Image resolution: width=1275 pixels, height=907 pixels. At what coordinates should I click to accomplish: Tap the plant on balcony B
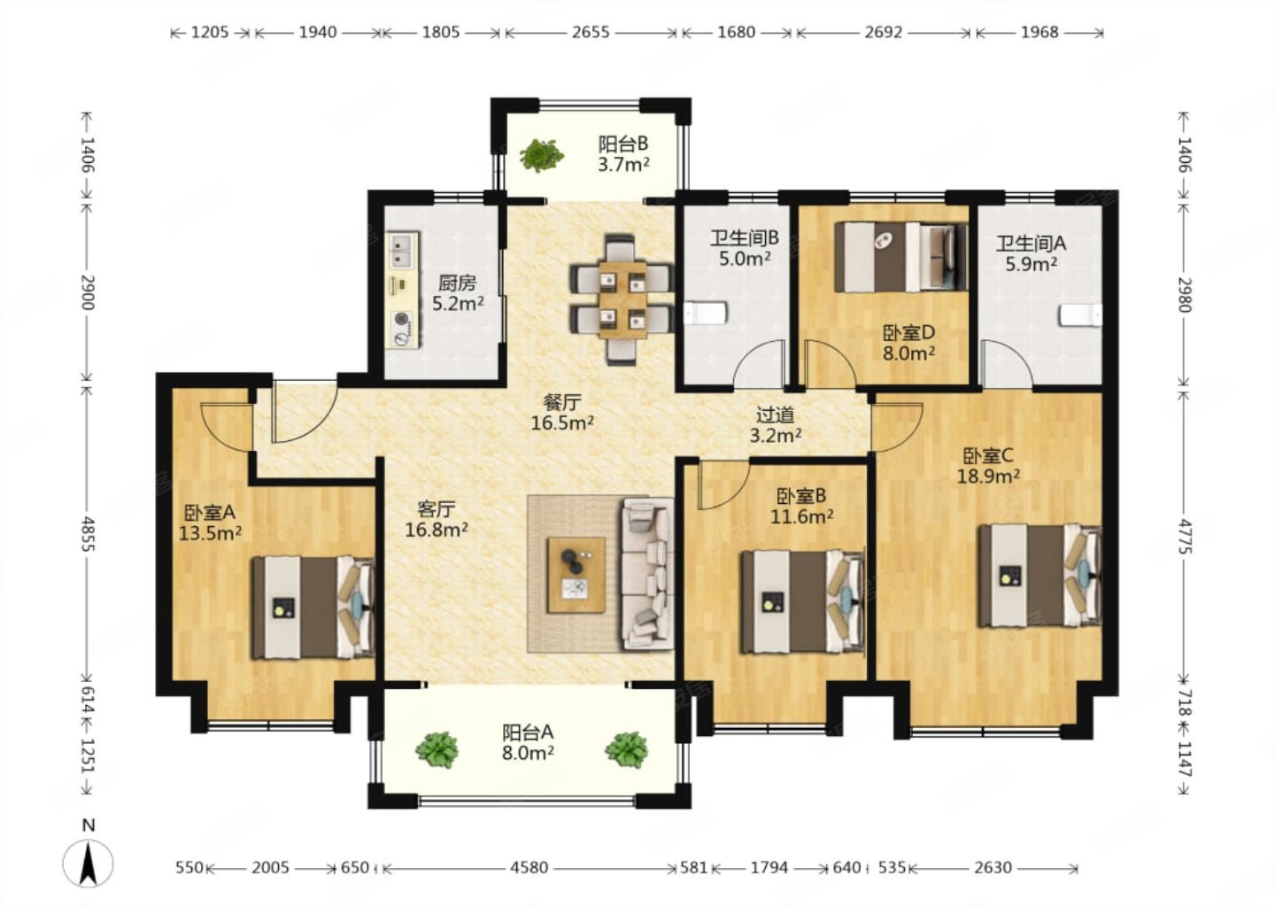click(x=542, y=155)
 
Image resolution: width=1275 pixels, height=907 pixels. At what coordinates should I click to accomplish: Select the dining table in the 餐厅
click(x=622, y=300)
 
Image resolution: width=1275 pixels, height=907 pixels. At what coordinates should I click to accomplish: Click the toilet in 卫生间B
click(x=705, y=314)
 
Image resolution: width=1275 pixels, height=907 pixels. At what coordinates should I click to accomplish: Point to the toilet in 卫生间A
click(x=1080, y=315)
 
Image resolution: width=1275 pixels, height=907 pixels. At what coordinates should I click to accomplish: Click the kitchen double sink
click(x=404, y=251)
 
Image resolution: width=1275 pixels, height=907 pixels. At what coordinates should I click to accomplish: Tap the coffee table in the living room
click(x=576, y=575)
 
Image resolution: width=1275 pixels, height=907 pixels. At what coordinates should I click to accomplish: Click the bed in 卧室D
click(x=900, y=257)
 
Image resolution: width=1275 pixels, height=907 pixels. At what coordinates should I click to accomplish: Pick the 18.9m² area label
click(x=987, y=476)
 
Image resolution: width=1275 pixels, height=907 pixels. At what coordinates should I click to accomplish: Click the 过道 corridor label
click(x=776, y=415)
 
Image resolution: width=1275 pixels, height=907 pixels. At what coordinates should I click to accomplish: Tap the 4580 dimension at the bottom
click(x=529, y=867)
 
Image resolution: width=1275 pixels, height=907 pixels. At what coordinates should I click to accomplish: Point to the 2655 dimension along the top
click(x=591, y=33)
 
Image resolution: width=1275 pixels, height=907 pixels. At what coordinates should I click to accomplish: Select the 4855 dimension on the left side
click(x=87, y=534)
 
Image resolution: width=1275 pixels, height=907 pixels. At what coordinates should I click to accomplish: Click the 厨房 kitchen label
click(x=457, y=283)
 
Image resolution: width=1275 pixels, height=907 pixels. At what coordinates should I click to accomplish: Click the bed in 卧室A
click(x=313, y=608)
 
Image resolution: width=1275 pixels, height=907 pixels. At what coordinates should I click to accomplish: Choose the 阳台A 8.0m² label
click(x=528, y=742)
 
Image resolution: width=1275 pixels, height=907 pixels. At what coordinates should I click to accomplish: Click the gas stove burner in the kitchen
click(x=402, y=319)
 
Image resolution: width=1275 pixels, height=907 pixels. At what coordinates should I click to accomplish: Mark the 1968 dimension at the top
click(x=1039, y=33)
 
